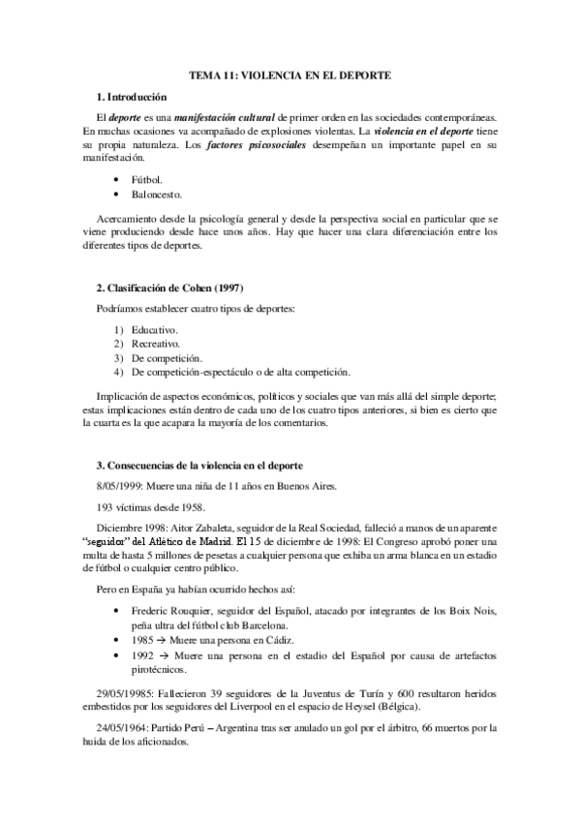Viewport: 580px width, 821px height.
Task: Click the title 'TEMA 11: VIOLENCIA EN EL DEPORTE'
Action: [x=290, y=75]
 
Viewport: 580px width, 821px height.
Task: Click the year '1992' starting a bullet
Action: [x=142, y=654]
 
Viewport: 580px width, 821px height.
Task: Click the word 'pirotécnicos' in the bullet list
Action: [x=161, y=668]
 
